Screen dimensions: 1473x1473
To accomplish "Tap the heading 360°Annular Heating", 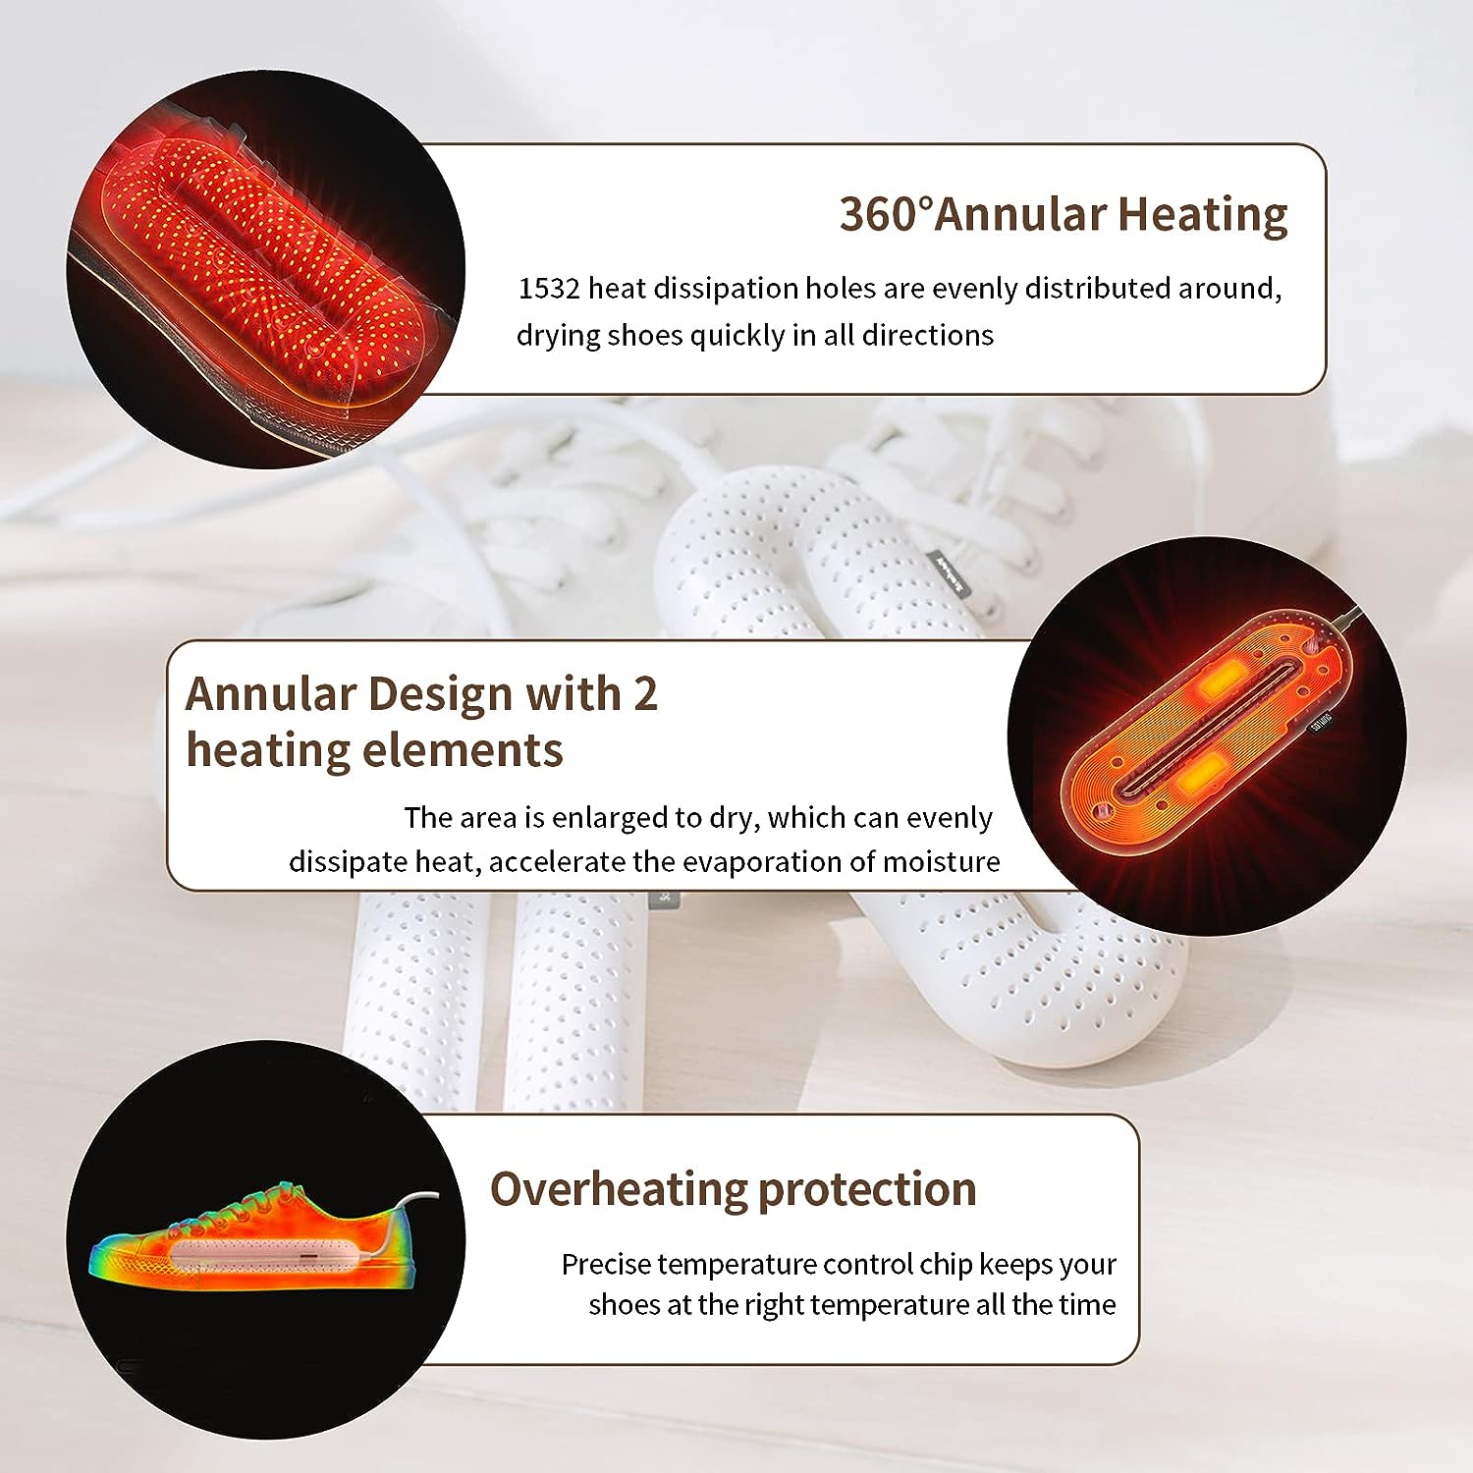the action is (x=1064, y=214).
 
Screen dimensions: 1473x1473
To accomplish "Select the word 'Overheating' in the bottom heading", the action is (x=619, y=1190).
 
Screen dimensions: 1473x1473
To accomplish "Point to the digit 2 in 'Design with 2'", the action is (x=645, y=694).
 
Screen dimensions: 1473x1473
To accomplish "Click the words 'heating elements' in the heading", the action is (x=374, y=751).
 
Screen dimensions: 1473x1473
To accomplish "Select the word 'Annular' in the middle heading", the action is (x=271, y=694).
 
